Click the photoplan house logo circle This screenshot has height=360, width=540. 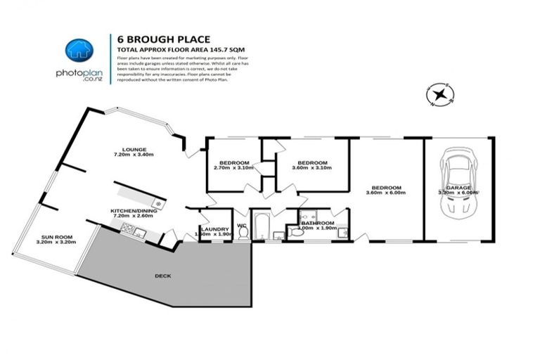79,51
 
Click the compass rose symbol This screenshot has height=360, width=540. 440,96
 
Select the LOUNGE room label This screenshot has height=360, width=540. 134,149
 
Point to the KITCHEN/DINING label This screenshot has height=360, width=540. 134,210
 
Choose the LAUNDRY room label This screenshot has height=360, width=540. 214,229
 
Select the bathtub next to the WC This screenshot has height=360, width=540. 261,226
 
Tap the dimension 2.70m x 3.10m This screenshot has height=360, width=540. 232,167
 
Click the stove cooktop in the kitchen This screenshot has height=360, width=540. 128,227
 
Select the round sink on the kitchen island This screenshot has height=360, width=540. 159,204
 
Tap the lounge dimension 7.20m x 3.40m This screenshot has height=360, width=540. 134,155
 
